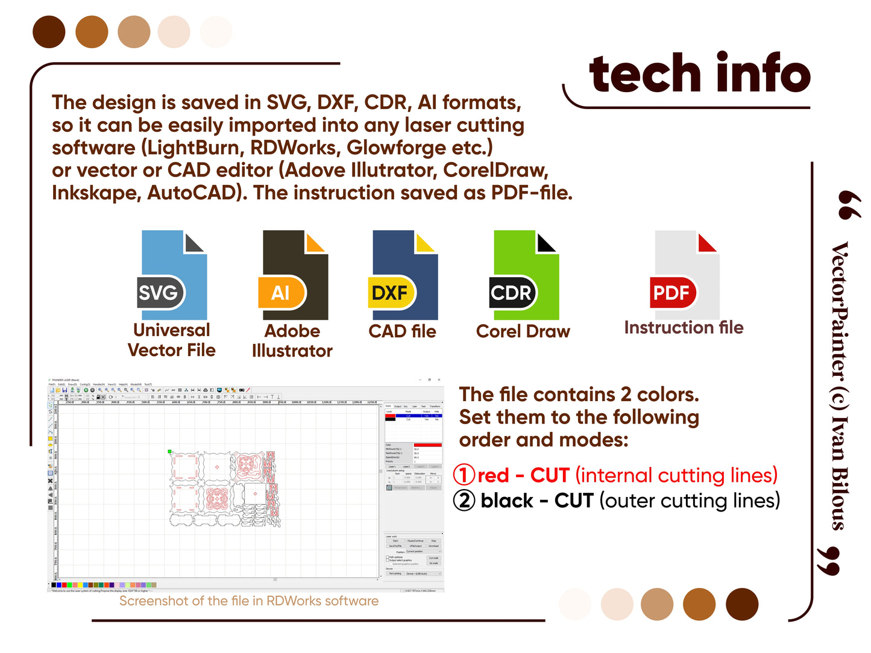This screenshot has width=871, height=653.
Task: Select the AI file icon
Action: (x=294, y=275)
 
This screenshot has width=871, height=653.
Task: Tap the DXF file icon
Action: (x=403, y=275)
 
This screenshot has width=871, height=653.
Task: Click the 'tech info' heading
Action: (x=700, y=73)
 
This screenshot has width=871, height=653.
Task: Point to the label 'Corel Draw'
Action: (x=523, y=331)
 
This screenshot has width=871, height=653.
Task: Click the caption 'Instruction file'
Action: (x=684, y=328)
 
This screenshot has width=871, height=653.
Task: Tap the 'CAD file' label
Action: (x=402, y=331)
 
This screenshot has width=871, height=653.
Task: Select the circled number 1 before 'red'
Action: (x=464, y=475)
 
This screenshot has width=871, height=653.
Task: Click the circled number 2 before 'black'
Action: (x=464, y=501)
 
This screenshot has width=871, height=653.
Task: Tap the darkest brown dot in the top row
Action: (x=49, y=32)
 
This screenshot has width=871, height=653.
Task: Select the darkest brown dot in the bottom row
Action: (x=742, y=604)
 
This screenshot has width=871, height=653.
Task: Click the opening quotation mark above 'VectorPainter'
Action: (x=849, y=205)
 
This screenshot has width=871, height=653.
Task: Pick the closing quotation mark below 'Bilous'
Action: (x=829, y=561)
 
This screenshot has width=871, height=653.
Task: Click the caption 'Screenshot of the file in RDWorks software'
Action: (x=249, y=601)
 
